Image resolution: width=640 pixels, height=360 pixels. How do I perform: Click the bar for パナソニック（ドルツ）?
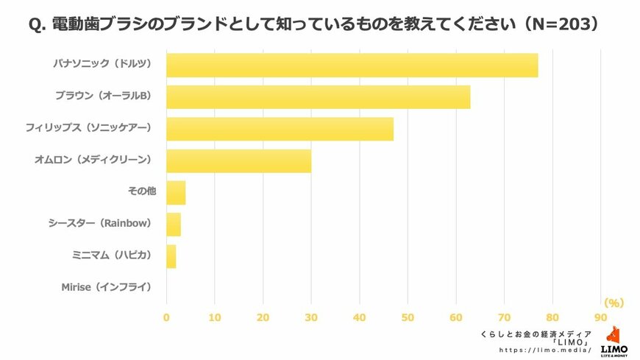pos(352,65)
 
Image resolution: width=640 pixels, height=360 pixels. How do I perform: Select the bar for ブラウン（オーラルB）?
pos(318,96)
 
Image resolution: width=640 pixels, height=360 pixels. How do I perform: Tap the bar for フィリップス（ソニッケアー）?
pos(280,128)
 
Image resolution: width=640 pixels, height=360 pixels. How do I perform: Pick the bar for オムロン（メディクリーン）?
pos(238,160)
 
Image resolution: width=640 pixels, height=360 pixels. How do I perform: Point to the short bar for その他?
pos(176,192)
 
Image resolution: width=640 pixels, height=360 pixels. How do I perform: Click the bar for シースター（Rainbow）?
pos(174,224)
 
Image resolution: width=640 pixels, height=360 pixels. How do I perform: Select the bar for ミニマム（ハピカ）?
pos(171,255)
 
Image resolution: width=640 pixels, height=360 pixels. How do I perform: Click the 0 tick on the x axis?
pos(166,317)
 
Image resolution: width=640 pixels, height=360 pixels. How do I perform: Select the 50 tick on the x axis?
pos(408,317)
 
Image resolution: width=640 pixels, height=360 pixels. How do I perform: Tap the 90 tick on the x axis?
pos(601,317)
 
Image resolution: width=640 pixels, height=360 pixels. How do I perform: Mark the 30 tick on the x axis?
pos(311,317)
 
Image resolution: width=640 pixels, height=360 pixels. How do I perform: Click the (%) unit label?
pos(613,303)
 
